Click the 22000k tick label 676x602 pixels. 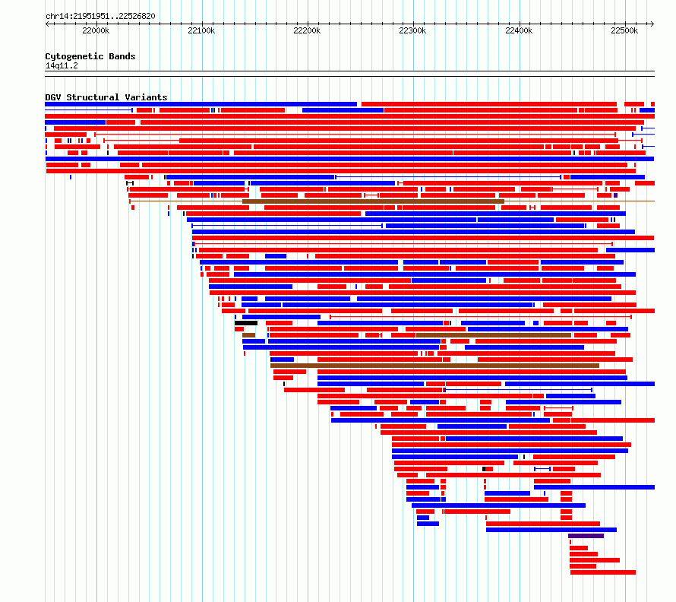96,30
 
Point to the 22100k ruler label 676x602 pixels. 201,30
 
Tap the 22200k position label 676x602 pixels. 307,30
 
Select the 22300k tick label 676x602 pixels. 412,30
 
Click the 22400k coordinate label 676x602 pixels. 518,30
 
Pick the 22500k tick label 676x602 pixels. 624,30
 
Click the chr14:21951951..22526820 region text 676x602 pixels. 100,16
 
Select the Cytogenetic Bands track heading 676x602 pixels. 90,56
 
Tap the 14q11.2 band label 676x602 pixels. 61,65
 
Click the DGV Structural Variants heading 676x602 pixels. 106,97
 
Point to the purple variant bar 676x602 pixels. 586,536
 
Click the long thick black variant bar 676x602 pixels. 246,323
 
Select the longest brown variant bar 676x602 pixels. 434,366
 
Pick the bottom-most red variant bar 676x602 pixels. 602,572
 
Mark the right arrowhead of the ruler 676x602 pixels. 652,24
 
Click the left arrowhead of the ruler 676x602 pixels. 48,24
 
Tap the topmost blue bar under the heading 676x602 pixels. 201,104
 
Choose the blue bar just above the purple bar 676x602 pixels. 551,530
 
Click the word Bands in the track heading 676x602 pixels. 123,56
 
